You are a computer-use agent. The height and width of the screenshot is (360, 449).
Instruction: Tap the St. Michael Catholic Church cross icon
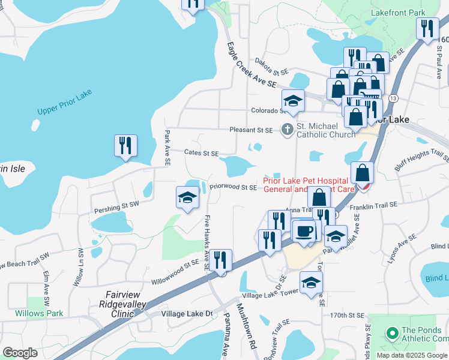(x=287, y=129)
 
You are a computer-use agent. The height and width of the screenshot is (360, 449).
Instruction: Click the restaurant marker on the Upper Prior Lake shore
(x=125, y=147)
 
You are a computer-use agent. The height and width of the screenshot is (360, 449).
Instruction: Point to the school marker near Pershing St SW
(x=187, y=199)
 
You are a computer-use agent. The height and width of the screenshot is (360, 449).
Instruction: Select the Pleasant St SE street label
(x=251, y=130)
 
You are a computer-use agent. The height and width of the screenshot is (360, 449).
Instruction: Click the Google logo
(x=20, y=353)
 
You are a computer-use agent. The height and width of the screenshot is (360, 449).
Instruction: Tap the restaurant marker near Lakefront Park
(x=427, y=30)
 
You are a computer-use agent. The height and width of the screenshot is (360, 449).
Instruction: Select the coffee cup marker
(x=305, y=231)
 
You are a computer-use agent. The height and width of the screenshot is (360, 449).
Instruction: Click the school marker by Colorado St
(x=292, y=101)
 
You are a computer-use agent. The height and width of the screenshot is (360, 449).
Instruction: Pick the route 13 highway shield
(x=393, y=97)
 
